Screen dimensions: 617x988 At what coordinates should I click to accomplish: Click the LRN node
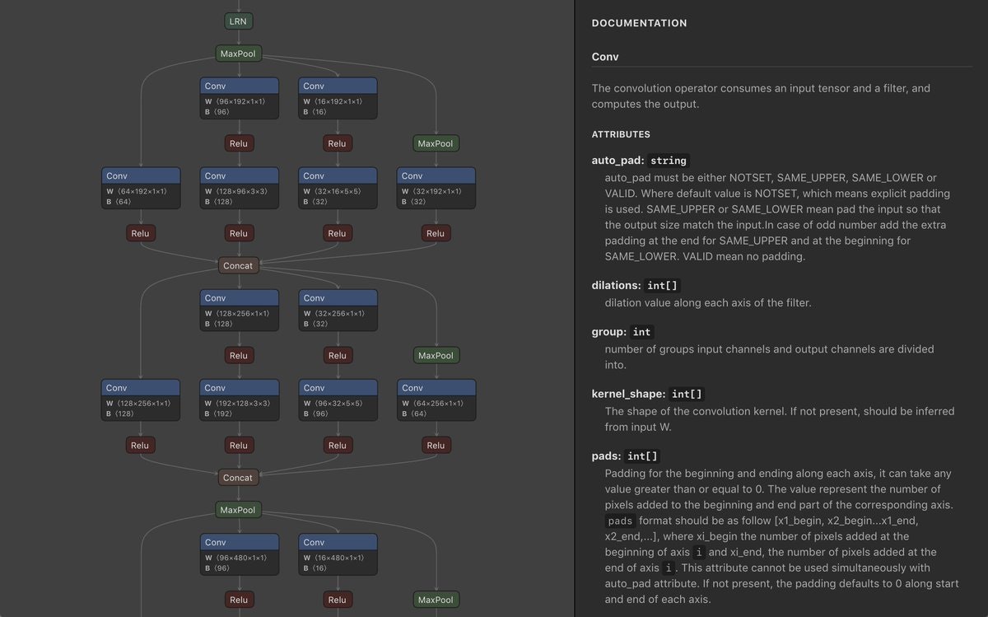(x=239, y=21)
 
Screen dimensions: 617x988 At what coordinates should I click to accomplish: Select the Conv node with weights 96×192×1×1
(x=239, y=98)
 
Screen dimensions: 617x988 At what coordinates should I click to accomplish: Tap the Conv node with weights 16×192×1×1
(x=338, y=98)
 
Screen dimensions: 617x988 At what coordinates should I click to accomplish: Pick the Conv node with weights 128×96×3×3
(x=239, y=188)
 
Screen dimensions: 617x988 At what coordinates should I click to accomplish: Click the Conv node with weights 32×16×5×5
(x=338, y=188)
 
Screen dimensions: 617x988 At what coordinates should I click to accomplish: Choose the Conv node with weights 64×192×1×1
(x=141, y=188)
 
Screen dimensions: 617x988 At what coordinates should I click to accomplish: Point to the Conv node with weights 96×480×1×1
(x=239, y=554)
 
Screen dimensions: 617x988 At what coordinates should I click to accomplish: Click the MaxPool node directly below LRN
(x=239, y=54)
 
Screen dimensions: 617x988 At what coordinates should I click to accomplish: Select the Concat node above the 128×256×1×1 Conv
(x=239, y=265)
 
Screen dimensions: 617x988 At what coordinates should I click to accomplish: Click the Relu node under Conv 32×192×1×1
(x=436, y=233)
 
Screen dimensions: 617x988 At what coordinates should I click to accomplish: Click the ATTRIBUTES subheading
(x=621, y=134)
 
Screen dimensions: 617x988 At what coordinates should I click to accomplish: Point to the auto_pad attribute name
(x=617, y=161)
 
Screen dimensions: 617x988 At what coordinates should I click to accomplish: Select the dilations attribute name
(x=616, y=286)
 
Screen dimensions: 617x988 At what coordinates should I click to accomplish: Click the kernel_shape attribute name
(x=628, y=395)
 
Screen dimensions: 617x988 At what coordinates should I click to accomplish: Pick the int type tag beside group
(x=642, y=332)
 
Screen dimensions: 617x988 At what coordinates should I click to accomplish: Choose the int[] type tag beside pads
(x=641, y=456)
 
